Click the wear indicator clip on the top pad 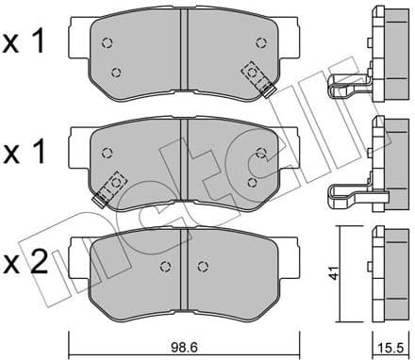tap(257, 78)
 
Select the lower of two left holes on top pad tap(116, 73)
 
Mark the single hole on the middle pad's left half tap(108, 150)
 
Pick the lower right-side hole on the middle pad tap(251, 181)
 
